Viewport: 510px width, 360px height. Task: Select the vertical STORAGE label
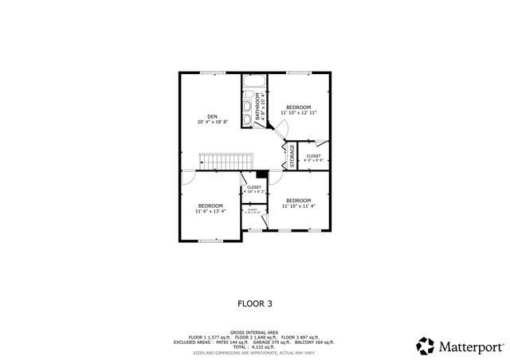(292, 155)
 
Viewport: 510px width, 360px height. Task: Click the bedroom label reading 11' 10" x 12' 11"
(299, 110)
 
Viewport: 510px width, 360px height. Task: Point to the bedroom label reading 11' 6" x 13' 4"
(210, 209)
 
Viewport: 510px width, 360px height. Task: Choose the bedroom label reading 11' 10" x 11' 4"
(298, 202)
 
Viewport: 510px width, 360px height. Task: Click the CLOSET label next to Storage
(313, 158)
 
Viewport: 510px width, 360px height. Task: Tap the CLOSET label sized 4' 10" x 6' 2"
(253, 190)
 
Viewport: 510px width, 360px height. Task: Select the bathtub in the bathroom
(254, 82)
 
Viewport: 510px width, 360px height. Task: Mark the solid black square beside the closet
(261, 175)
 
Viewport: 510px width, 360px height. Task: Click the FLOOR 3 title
(255, 303)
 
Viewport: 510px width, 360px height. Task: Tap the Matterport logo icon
(425, 346)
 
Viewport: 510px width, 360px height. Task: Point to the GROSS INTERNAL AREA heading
(254, 332)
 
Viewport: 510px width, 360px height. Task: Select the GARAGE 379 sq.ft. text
(272, 342)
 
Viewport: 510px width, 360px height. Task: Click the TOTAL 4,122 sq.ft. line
(254, 346)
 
